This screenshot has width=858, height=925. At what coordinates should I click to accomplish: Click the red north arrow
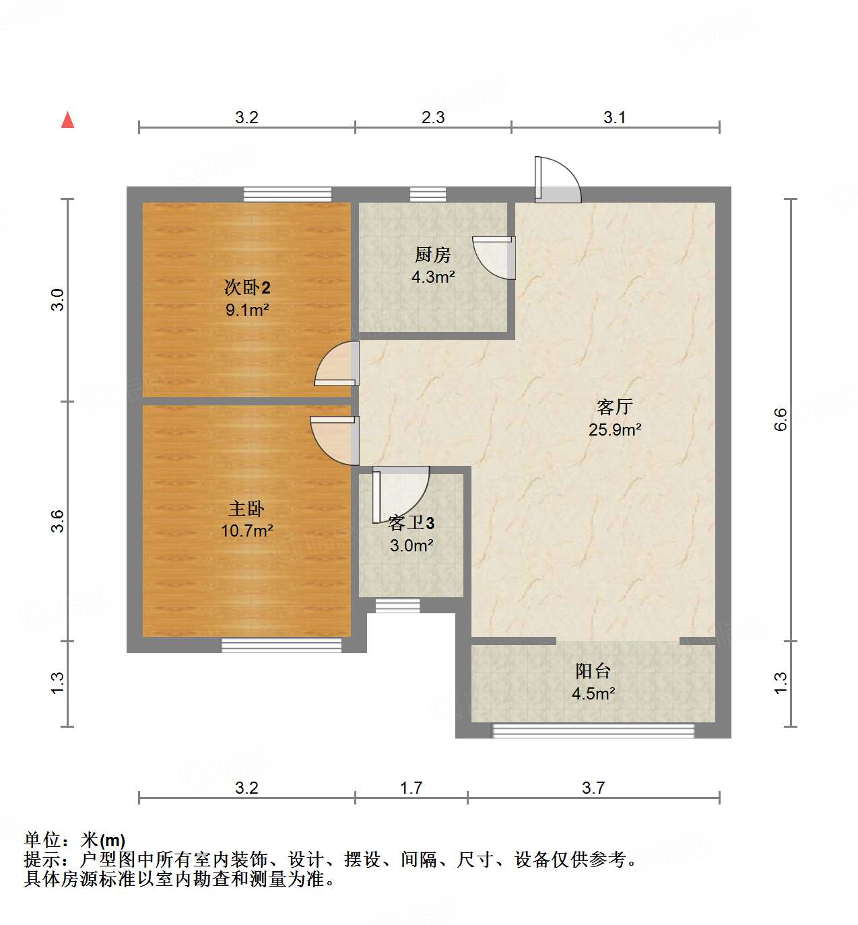[x=67, y=120]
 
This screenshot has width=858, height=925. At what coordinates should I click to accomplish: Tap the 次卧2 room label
[x=247, y=288]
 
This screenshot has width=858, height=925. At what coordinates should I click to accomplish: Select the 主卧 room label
[x=246, y=508]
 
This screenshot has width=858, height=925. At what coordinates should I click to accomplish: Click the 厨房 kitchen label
[x=432, y=254]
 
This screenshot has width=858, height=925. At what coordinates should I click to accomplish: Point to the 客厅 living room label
[x=614, y=407]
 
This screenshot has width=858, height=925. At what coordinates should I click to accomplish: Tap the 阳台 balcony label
[x=593, y=671]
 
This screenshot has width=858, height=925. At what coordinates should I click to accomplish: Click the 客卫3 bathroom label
[x=411, y=523]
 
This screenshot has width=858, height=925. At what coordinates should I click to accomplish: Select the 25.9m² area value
[x=614, y=430]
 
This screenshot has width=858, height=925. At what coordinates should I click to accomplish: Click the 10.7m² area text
[x=246, y=531]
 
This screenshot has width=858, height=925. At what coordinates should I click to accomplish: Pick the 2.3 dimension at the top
[x=433, y=118]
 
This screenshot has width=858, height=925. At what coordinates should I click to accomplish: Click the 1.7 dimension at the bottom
[x=411, y=788]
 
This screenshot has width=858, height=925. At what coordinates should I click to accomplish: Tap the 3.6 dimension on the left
[x=58, y=521]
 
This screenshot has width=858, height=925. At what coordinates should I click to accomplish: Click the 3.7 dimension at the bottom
[x=593, y=788]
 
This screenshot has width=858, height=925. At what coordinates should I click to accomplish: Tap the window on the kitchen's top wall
[x=428, y=195]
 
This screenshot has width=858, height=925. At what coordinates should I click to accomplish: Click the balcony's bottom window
[x=593, y=730]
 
